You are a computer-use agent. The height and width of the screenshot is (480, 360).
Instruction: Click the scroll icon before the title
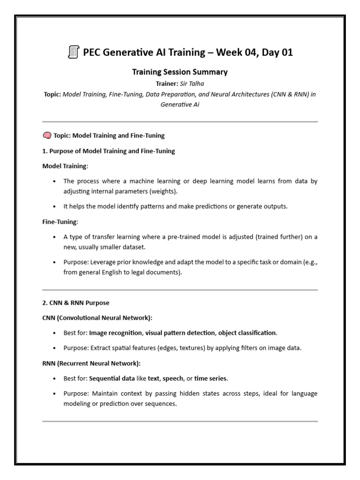pyautogui.click(x=73, y=52)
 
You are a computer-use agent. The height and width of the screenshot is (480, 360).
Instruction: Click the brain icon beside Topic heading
pyautogui.click(x=47, y=135)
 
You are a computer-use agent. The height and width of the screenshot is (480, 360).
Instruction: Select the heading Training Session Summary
pyautogui.click(x=180, y=72)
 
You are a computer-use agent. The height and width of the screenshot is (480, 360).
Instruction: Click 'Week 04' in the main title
pyautogui.click(x=233, y=52)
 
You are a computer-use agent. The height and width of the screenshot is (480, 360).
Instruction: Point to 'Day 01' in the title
pyautogui.click(x=276, y=52)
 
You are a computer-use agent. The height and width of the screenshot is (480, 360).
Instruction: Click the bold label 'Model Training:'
pyautogui.click(x=65, y=166)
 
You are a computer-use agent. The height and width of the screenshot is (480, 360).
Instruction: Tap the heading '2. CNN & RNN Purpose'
pyautogui.click(x=76, y=302)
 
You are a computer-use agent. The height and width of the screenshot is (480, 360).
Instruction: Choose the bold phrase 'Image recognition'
pyautogui.click(x=115, y=333)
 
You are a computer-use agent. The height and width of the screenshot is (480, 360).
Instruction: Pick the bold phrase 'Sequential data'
pyautogui.click(x=111, y=378)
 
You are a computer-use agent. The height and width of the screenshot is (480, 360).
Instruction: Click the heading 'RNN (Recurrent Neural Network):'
pyautogui.click(x=91, y=363)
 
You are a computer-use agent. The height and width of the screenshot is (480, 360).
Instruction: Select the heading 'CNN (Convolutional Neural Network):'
pyautogui.click(x=97, y=317)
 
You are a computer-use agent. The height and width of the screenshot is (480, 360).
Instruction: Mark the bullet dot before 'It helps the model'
pyautogui.click(x=55, y=207)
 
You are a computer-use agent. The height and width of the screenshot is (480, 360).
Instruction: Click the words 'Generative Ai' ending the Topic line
pyautogui.click(x=180, y=105)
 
